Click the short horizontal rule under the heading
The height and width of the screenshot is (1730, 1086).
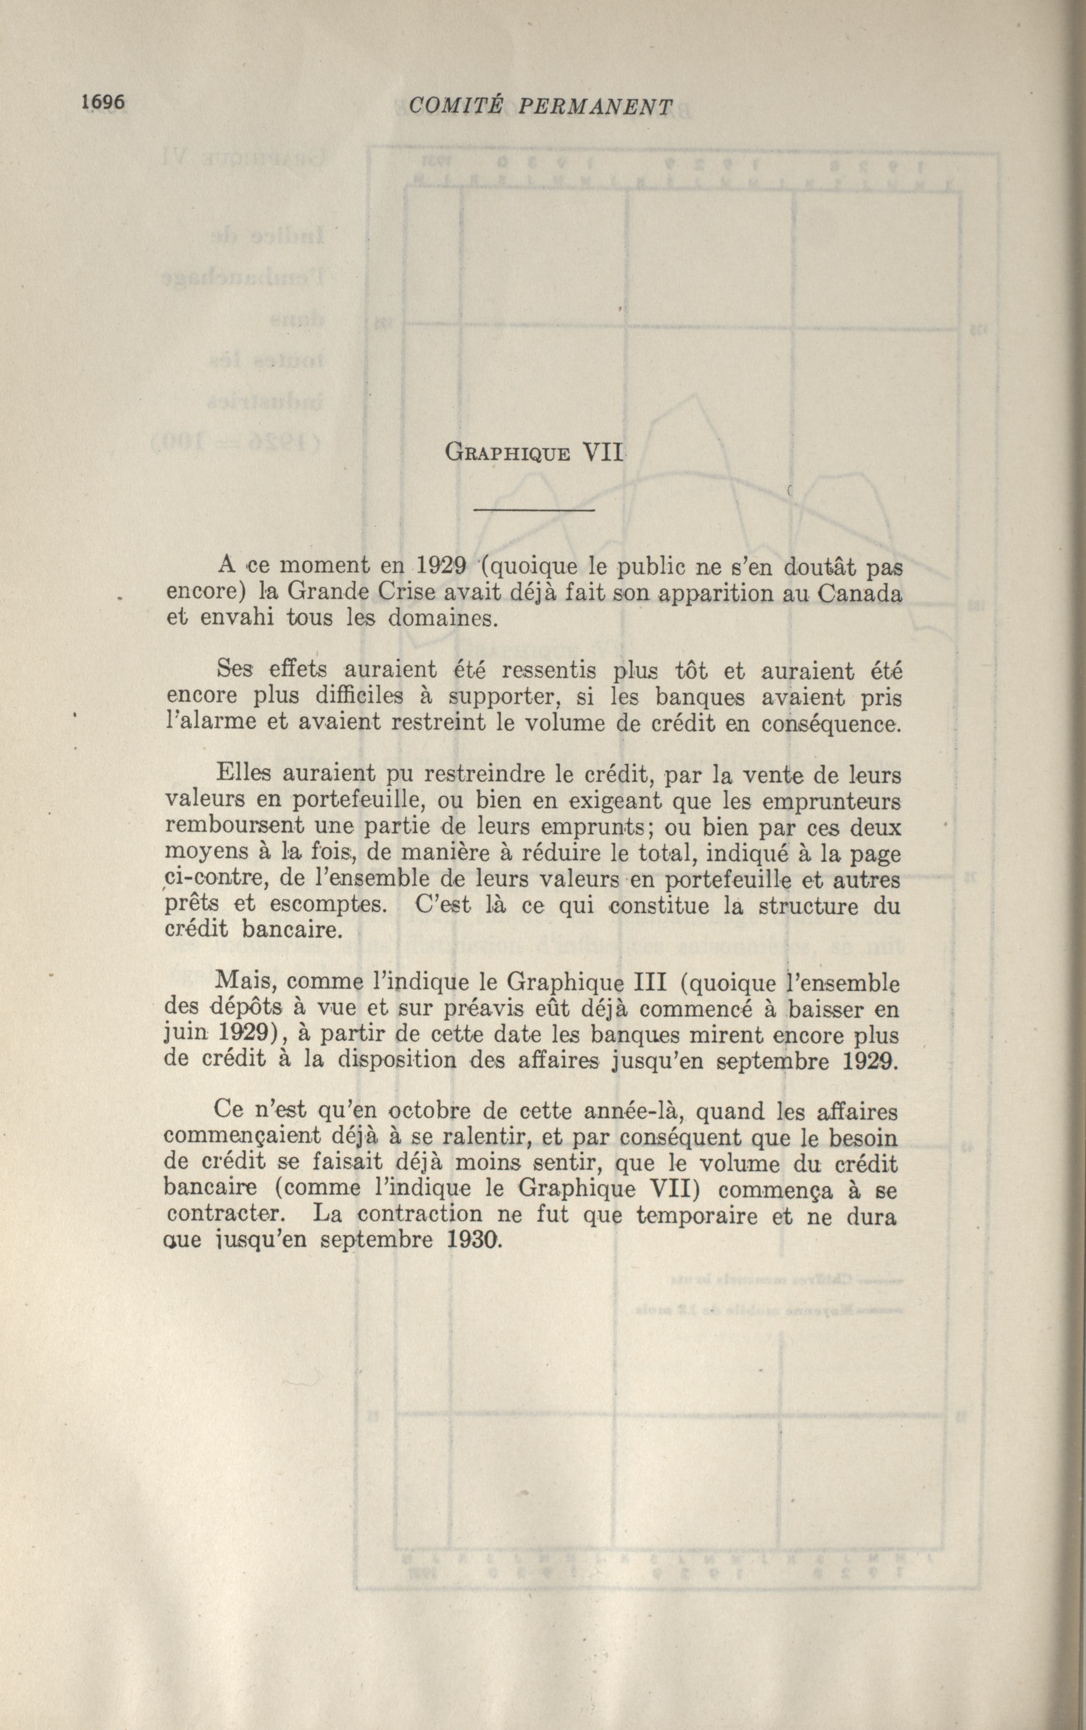pos(535,510)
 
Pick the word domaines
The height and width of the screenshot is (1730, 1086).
pos(442,618)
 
